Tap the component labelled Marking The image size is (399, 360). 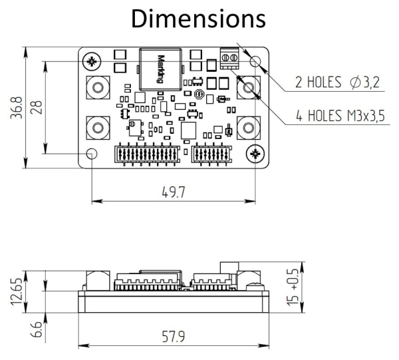pyautogui.click(x=160, y=67)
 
